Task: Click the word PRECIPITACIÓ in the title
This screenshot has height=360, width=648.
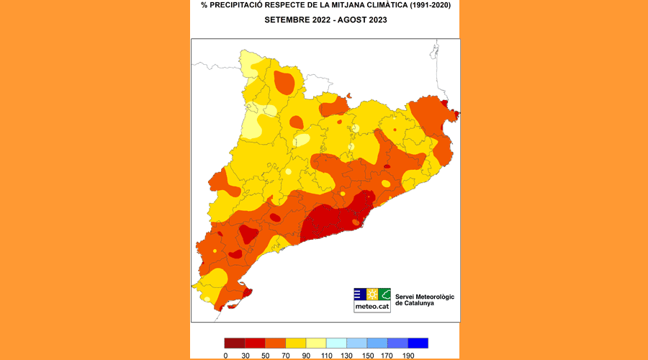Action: (240, 6)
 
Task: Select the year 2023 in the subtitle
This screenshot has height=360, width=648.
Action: (377, 20)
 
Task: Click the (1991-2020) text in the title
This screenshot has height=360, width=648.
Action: (429, 6)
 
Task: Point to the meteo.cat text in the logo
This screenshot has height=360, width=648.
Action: (372, 307)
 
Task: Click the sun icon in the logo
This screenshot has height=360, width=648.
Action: (372, 294)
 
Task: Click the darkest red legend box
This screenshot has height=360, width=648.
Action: (235, 343)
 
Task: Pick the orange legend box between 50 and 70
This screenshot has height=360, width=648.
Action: (276, 343)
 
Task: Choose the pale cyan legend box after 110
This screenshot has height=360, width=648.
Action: (336, 343)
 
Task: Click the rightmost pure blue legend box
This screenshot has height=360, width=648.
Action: (418, 343)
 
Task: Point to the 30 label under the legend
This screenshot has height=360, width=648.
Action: (246, 355)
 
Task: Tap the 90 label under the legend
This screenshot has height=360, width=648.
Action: (307, 355)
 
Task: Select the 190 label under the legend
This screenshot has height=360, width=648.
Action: (409, 355)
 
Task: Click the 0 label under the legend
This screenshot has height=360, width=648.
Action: (225, 355)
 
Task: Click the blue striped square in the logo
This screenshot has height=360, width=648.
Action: (359, 294)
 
